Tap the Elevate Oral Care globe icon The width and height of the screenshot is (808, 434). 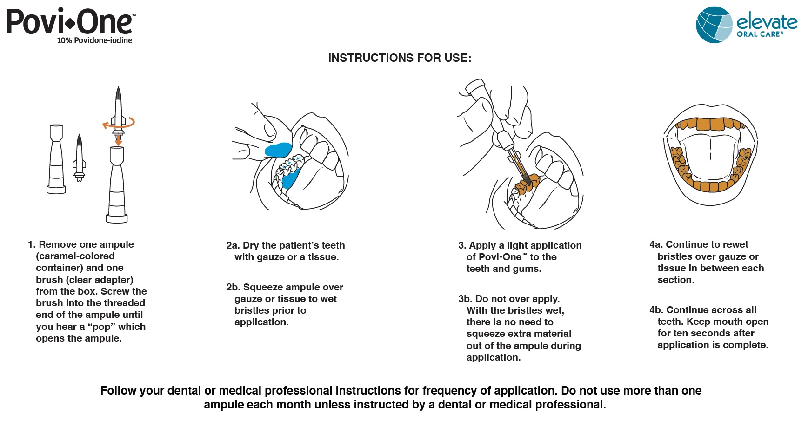[714, 25]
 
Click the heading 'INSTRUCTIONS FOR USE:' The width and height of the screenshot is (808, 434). [400, 58]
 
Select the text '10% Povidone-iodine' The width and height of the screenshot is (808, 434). [94, 41]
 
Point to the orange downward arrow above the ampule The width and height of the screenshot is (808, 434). [119, 139]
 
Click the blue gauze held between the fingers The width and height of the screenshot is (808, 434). [278, 150]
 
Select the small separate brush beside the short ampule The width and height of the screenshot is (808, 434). [79, 158]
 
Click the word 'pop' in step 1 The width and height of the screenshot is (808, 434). [101, 327]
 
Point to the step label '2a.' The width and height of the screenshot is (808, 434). [233, 245]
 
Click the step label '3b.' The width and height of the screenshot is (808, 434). [465, 299]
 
